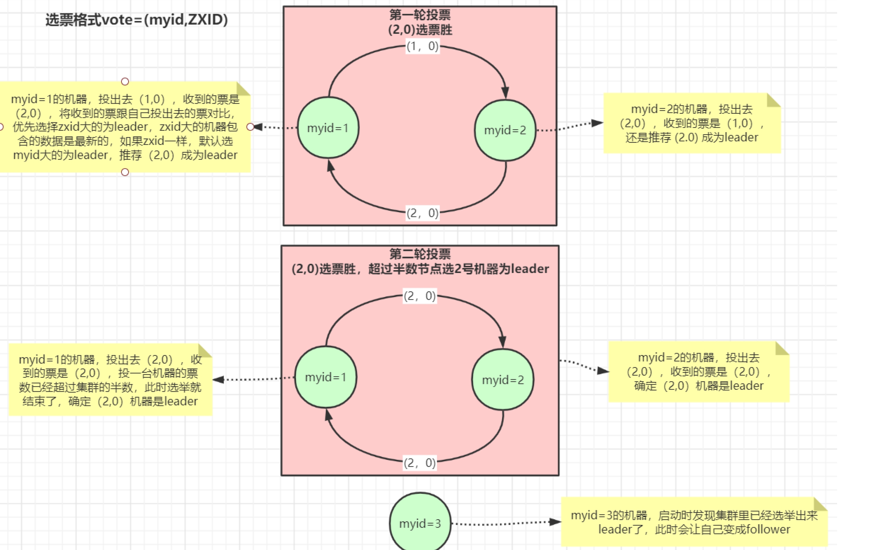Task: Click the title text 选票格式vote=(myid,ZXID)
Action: coord(136,20)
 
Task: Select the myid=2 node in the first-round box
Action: coord(505,130)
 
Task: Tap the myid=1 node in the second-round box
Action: coord(326,377)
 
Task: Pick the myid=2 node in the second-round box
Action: coord(503,379)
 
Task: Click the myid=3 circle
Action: coord(420,523)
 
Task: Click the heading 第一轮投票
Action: coord(420,15)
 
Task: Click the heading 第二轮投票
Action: coord(420,253)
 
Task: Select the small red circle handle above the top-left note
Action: coord(125,81)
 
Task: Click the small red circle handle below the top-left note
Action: coord(125,172)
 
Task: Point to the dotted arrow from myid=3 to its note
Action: coord(504,524)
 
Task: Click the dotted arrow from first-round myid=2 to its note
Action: coord(570,127)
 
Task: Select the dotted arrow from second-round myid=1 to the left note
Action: coord(254,379)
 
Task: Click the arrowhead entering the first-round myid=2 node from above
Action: coord(505,93)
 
